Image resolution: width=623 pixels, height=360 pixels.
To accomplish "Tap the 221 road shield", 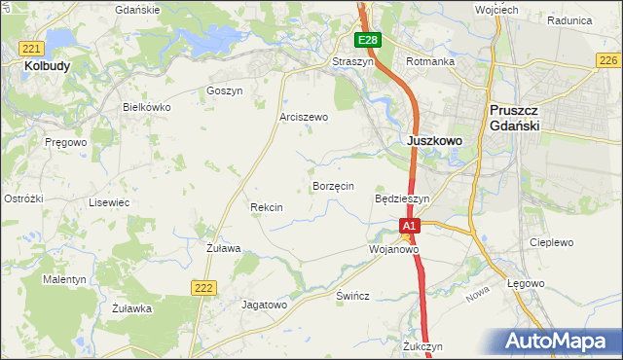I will [x=32, y=48].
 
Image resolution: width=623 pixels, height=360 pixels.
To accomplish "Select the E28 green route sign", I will [x=367, y=40].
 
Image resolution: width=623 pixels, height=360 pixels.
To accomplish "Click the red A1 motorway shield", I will [x=410, y=226].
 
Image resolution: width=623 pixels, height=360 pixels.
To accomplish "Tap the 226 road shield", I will [x=607, y=60].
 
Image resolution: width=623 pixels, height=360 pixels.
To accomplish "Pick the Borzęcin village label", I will [x=332, y=185].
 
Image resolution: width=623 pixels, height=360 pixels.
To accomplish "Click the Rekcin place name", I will [x=266, y=207].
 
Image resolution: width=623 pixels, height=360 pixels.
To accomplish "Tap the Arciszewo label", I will [x=304, y=117].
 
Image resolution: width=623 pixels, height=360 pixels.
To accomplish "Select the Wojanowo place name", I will [x=393, y=249].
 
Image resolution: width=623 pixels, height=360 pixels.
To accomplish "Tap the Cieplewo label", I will [x=551, y=242].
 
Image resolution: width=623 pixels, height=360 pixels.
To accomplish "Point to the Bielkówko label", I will [x=146, y=107].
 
